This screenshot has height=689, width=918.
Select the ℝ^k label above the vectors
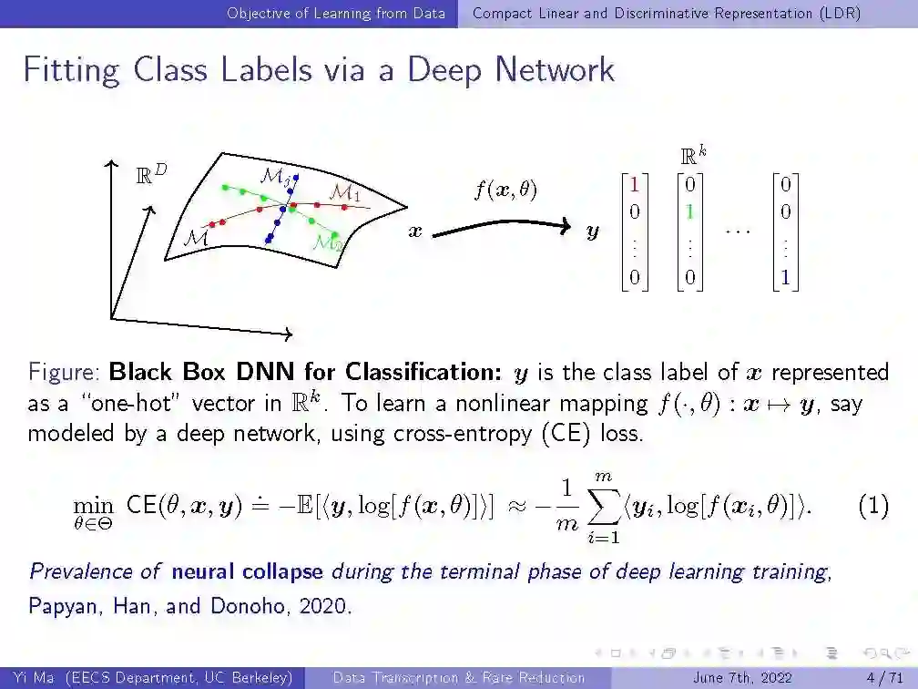pyautogui.click(x=694, y=157)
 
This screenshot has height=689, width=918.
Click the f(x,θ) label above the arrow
pyautogui.click(x=505, y=190)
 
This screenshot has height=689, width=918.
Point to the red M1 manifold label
pyautogui.click(x=343, y=193)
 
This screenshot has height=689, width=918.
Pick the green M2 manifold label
pyautogui.click(x=327, y=242)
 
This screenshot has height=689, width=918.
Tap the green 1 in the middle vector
pyautogui.click(x=689, y=211)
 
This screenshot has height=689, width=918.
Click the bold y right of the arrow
pyautogui.click(x=593, y=233)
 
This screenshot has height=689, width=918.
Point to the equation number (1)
pyautogui.click(x=873, y=507)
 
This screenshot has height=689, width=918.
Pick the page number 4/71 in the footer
pyautogui.click(x=883, y=677)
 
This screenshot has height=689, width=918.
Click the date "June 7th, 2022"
pyautogui.click(x=742, y=677)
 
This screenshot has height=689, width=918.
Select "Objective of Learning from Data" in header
pyautogui.click(x=336, y=13)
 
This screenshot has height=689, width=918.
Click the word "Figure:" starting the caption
pyautogui.click(x=65, y=372)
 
